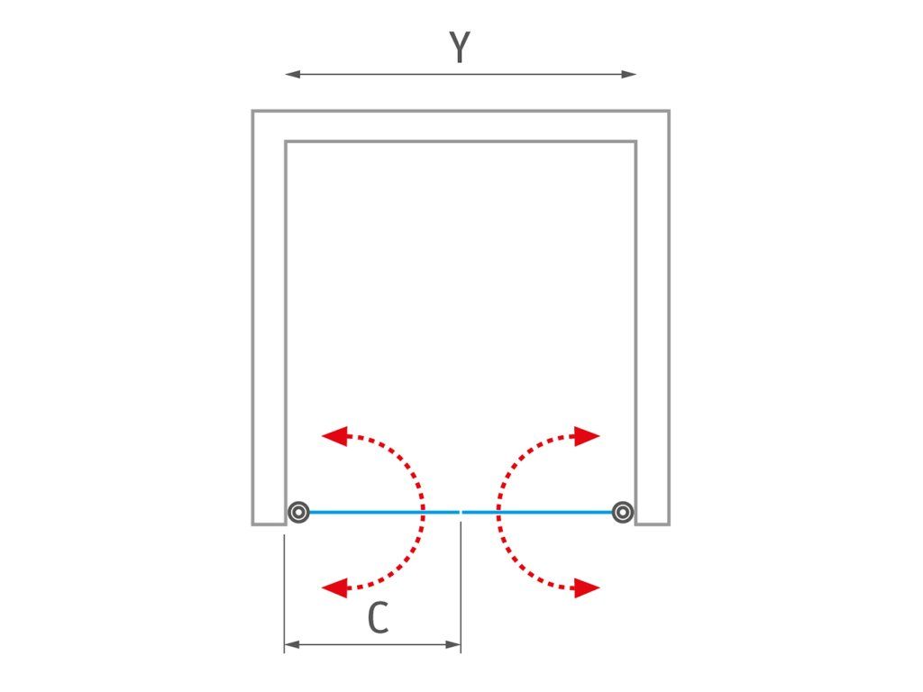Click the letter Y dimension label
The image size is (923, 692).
tap(460, 47)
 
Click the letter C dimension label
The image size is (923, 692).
tap(378, 617)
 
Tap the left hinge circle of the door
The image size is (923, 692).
tap(298, 512)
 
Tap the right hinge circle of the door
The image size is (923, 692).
tap(622, 512)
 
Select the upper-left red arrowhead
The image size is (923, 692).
tap(335, 436)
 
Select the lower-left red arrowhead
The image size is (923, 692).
tap(335, 587)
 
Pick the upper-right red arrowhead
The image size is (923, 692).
tap(587, 436)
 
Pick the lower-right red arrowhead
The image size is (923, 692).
tap(587, 587)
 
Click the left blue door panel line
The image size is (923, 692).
tap(384, 512)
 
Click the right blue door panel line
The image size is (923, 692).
tap(537, 512)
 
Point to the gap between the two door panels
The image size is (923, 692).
tap(461, 512)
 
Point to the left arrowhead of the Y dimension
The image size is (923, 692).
tap(293, 74)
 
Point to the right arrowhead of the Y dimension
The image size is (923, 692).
tap(629, 74)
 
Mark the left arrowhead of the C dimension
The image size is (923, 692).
tap(292, 645)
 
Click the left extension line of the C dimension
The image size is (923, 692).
tap(284, 593)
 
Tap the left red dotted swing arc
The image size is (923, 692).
tap(422, 512)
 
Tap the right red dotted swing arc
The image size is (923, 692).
tap(499, 512)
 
